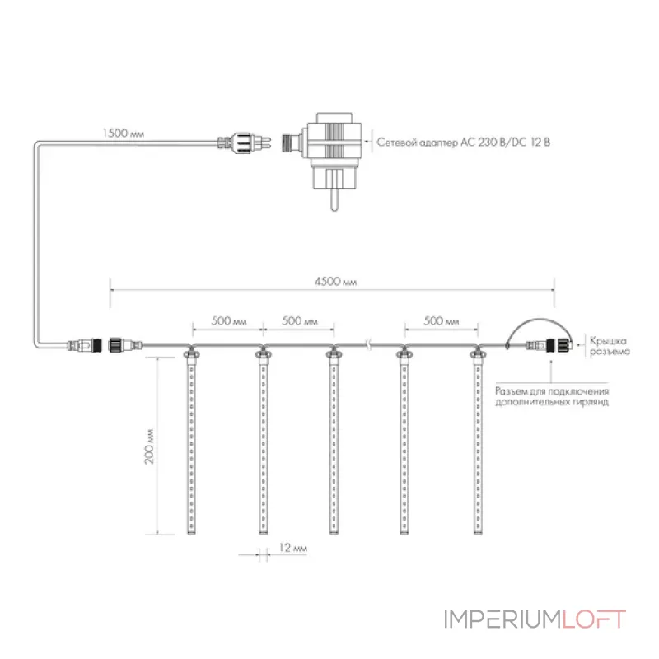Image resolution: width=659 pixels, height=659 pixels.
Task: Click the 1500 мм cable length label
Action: (123, 133)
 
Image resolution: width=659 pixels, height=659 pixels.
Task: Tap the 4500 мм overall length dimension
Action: (335, 281)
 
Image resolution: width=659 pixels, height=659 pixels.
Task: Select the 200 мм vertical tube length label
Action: (149, 446)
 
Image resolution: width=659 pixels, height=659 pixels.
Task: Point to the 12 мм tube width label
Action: (293, 548)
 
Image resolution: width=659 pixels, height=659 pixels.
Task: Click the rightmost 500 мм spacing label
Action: (442, 321)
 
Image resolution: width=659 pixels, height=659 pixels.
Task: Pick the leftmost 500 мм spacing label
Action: (229, 321)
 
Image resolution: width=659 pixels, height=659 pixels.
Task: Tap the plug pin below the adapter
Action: (334, 199)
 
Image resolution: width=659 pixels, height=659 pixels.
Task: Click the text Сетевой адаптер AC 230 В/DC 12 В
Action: (463, 142)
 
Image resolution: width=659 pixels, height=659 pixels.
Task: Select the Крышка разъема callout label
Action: (610, 346)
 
